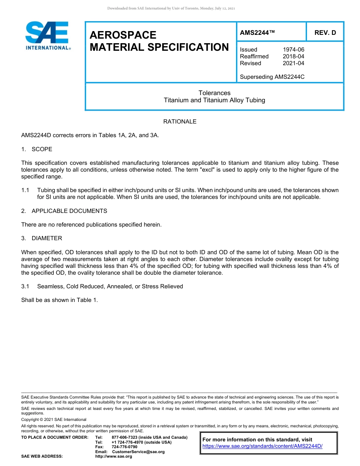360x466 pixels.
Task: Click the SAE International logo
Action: pos(47,36)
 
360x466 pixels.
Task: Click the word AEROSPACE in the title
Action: pos(123,35)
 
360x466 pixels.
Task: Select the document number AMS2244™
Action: pos(257,33)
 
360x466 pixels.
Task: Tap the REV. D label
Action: pos(325,33)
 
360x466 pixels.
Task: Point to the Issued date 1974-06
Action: pos(293,50)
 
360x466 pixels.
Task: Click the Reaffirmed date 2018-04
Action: pos(293,56)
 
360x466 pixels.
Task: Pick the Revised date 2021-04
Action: pos(293,63)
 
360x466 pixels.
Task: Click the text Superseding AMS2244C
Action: pos(272,77)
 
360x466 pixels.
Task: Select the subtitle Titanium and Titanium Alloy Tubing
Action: pos(214,100)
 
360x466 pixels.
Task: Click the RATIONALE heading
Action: pos(180,122)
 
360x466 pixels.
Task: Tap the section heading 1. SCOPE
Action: pos(37,149)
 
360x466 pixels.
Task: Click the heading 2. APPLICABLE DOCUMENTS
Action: pos(64,211)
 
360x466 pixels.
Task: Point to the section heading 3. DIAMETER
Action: pos(42,238)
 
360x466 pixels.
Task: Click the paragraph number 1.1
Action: pos(25,190)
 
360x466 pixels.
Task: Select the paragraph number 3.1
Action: pos(25,286)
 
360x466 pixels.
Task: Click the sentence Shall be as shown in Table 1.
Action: pos(59,300)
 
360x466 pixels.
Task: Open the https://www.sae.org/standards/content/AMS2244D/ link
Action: pos(262,446)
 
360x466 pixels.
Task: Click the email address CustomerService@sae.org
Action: pos(138,452)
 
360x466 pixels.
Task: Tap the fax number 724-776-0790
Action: pos(125,447)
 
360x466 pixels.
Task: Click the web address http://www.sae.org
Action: pos(114,457)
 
